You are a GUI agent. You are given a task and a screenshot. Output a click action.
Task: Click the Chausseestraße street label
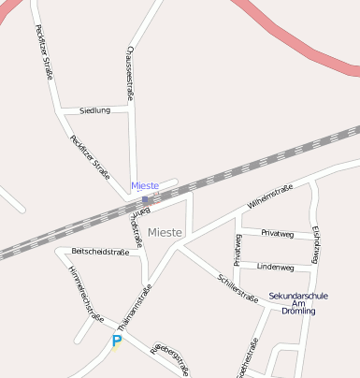click(x=130, y=72)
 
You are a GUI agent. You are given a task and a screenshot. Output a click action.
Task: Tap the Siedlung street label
click(x=94, y=110)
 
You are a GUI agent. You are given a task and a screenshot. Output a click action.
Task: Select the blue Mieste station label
click(x=145, y=186)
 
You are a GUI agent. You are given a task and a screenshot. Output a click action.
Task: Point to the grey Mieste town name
click(x=166, y=231)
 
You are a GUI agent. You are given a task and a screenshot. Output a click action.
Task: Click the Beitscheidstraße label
click(x=100, y=252)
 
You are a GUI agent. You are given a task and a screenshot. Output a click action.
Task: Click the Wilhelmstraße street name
click(x=270, y=196)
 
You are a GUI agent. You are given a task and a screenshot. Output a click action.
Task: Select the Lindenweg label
click(x=275, y=267)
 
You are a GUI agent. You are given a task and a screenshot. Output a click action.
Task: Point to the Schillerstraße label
click(x=238, y=289)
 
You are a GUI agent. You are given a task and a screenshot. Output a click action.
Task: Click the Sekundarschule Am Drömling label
click(x=298, y=303)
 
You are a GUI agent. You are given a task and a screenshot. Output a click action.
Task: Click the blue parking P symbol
click(x=117, y=342)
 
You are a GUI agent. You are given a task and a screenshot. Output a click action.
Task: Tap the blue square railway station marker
click(x=145, y=199)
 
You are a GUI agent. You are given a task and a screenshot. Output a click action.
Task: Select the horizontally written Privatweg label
click(x=277, y=233)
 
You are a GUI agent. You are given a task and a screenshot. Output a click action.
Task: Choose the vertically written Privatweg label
click(x=238, y=251)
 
